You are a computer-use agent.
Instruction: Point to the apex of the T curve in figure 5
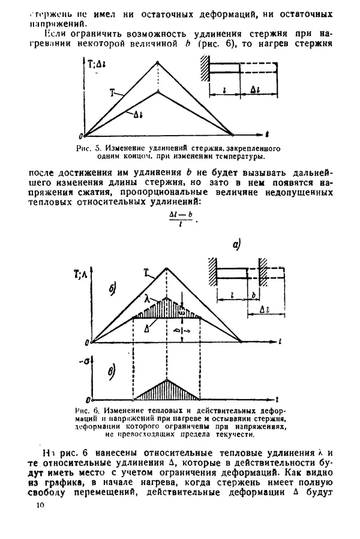tap(157, 62)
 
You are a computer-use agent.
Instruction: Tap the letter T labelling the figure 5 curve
tap(112, 93)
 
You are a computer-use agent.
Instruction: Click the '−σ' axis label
tap(85, 360)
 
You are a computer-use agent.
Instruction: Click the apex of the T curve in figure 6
tap(167, 268)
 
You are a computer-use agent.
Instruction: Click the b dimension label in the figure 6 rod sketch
tap(253, 296)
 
